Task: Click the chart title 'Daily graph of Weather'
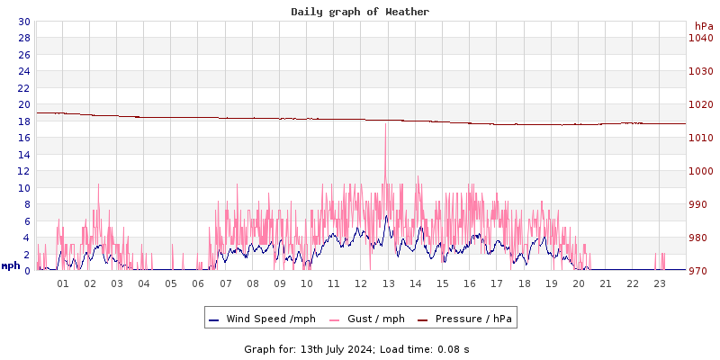click(x=360, y=12)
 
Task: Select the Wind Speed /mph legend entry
click(x=270, y=319)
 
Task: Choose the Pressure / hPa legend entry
click(x=473, y=319)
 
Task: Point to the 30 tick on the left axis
click(x=23, y=22)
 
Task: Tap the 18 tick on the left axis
click(x=23, y=121)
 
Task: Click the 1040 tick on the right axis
click(x=701, y=38)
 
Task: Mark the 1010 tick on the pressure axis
click(x=701, y=138)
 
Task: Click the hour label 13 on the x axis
click(x=389, y=283)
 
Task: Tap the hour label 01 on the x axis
click(x=63, y=283)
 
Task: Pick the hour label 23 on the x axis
click(x=660, y=283)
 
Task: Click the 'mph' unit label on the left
click(x=11, y=265)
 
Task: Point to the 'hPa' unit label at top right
click(x=703, y=26)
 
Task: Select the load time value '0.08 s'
click(x=453, y=348)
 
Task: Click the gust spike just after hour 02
click(x=98, y=185)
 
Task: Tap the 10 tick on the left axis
click(x=23, y=188)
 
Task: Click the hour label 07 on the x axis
click(x=226, y=283)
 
